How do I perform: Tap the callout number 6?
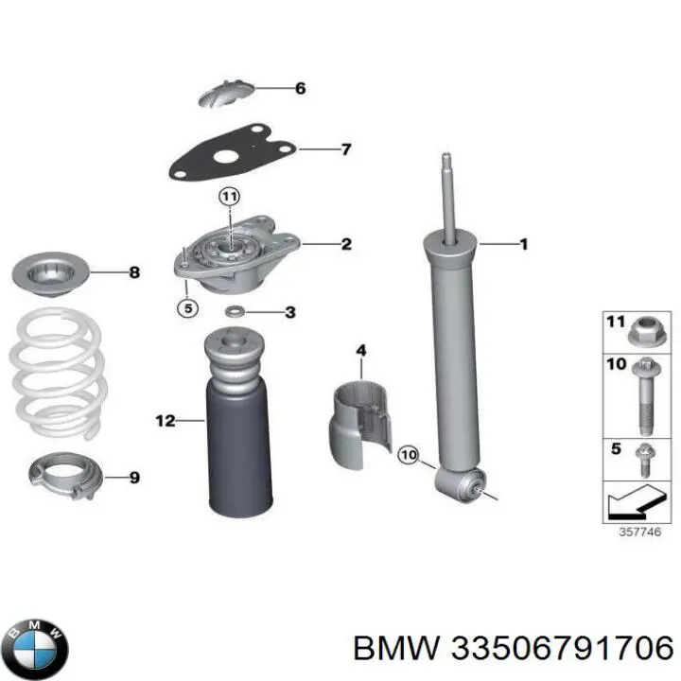pos(300,89)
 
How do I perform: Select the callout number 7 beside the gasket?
pos(345,149)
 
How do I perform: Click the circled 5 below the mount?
pos(187,306)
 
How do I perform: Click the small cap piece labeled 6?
pos(227,93)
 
